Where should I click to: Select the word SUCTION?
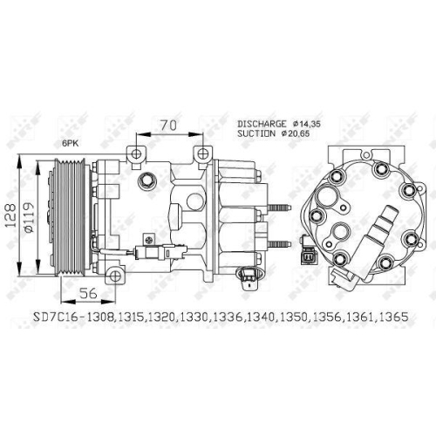click(x=255, y=135)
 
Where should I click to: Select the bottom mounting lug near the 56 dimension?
click(x=115, y=276)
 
